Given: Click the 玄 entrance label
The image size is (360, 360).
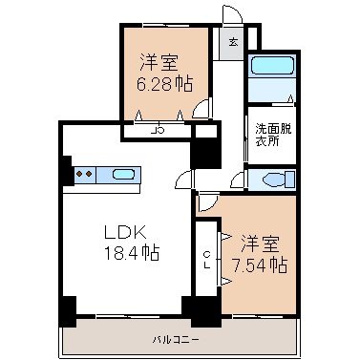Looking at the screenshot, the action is (x=234, y=42).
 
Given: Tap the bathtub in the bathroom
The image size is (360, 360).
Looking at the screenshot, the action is (x=272, y=66).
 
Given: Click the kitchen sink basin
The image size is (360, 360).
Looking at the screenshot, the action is (x=123, y=175).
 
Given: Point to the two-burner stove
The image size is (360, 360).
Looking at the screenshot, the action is (x=85, y=174).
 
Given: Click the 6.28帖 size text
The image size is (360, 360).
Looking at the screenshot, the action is (x=164, y=84).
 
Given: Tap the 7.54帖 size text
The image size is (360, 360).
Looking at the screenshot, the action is (x=260, y=265).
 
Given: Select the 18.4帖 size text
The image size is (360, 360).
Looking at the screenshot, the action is (x=132, y=253).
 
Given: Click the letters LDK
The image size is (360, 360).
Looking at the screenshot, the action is (x=126, y=232).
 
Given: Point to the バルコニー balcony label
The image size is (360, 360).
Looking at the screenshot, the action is (x=176, y=340).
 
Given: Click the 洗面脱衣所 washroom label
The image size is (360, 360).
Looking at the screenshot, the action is (x=273, y=135).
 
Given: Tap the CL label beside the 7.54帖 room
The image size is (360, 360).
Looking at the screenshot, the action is (x=207, y=260).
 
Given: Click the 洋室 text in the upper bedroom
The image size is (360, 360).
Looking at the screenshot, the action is (x=159, y=63).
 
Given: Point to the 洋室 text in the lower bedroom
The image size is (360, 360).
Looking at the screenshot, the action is (x=260, y=244).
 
